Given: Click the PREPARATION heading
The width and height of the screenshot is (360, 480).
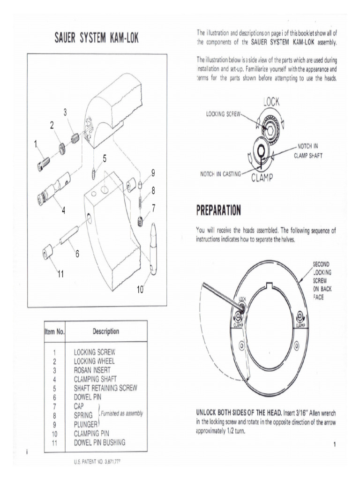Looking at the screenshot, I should tap(218, 210).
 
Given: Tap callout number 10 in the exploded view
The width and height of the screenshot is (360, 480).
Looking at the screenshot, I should tap(140, 290).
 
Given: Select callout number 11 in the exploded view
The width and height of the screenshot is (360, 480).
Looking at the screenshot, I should tap(60, 274).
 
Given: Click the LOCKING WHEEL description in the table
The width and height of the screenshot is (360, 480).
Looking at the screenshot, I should tap(94, 361).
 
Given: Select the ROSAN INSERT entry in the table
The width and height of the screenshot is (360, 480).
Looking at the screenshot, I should tap(92, 370).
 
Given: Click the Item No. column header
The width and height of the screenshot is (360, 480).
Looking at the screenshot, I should tap(54, 331).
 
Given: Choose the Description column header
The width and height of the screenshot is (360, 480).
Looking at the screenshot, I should tap(105, 331).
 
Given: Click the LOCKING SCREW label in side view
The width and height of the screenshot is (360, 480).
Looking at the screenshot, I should tap(223, 114).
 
